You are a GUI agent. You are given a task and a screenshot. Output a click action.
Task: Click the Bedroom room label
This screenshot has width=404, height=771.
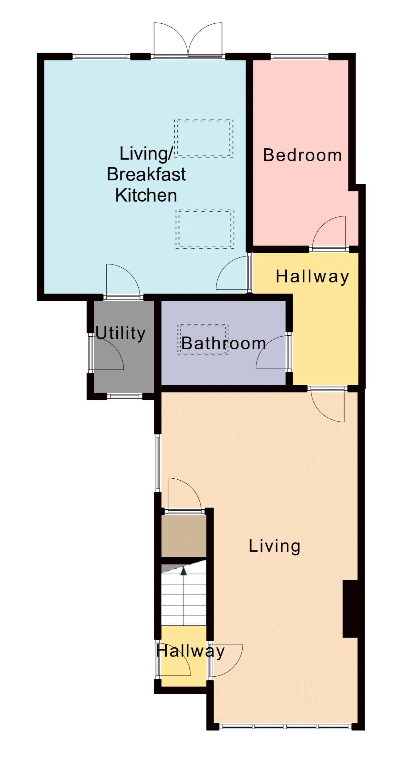tap(302, 155)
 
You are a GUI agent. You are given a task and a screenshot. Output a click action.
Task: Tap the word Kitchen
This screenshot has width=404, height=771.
tap(146, 195)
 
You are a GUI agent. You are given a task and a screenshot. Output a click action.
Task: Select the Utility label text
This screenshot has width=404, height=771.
tap(120, 333)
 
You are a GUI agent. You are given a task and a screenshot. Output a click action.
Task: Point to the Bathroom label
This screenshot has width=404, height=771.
tap(223, 343)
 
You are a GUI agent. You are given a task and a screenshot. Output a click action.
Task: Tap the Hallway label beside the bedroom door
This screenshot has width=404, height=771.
tap(312, 277)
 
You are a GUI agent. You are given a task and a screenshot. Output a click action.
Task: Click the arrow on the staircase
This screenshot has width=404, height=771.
tap(183, 596)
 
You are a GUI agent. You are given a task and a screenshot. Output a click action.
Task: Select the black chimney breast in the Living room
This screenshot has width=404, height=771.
tap(350, 609)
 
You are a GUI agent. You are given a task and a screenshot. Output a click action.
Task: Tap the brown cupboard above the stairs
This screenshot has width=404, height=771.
tap(184, 536)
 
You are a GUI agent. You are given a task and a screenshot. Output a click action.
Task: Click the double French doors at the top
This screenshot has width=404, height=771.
tap(188, 40)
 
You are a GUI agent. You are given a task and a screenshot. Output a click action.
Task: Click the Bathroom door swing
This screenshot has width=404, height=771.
tap(273, 352)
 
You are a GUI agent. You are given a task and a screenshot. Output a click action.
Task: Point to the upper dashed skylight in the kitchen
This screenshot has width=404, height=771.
tap(204, 138)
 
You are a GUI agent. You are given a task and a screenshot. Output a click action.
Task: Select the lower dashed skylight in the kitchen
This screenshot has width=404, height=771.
tap(205, 229)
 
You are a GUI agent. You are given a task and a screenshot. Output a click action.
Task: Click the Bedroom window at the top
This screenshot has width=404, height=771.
tap(300, 57)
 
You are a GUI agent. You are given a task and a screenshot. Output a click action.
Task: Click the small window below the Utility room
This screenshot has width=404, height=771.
tap(124, 396)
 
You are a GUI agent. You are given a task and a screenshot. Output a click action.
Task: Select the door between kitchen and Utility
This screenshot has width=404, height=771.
tap(123, 281)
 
